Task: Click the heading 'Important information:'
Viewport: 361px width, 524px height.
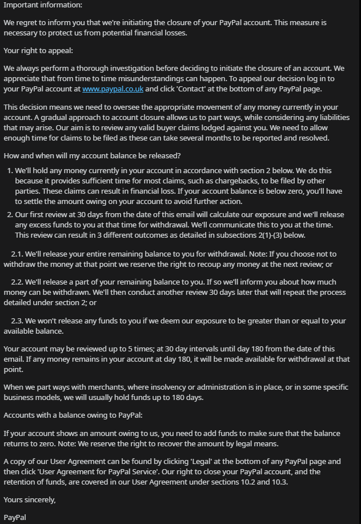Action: click(43, 5)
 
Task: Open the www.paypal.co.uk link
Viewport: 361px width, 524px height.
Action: click(113, 89)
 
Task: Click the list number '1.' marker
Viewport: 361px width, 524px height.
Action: click(10, 171)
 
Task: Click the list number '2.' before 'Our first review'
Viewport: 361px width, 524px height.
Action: click(10, 215)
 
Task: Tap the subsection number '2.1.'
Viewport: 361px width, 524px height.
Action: click(17, 254)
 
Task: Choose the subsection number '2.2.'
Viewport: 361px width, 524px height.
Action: click(17, 282)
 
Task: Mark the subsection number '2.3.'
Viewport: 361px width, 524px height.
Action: click(17, 321)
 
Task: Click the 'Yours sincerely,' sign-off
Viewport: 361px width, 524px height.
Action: click(30, 500)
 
